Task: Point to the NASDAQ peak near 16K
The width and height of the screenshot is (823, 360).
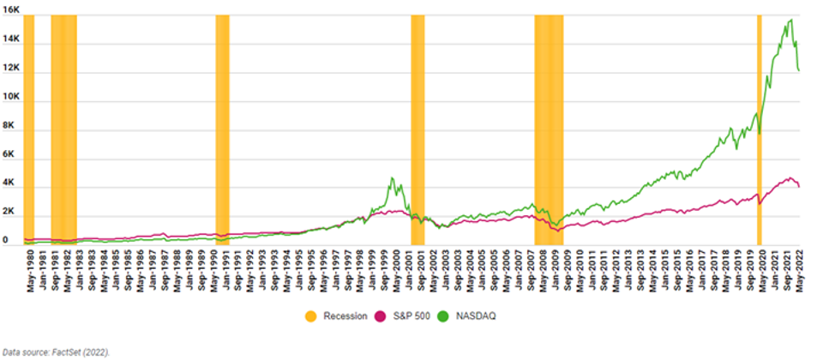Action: (790, 20)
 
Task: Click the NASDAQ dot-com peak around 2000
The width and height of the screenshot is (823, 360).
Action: (392, 178)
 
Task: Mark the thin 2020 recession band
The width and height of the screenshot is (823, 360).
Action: (760, 129)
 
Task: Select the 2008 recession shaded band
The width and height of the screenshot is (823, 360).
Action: (549, 129)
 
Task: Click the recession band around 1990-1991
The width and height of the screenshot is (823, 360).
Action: (222, 129)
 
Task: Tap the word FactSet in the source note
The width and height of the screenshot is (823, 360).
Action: (66, 351)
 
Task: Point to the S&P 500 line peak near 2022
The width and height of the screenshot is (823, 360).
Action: (790, 178)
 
